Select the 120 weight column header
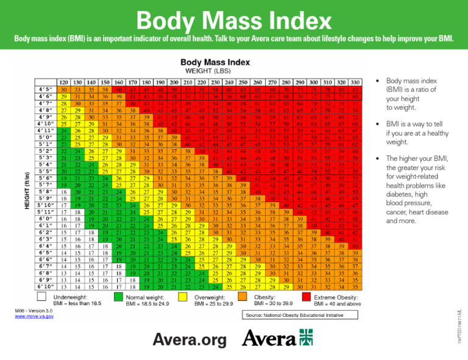[62, 82]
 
